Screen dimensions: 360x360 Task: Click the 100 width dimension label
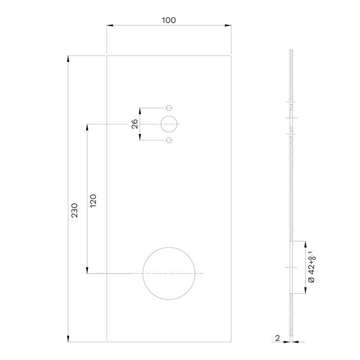169,20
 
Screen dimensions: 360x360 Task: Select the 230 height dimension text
74,210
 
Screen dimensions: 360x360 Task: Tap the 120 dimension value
93,201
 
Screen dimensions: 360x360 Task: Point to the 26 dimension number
135,124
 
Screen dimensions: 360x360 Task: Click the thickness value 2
278,338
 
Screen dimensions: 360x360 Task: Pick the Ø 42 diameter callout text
312,267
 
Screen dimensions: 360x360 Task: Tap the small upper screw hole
169,108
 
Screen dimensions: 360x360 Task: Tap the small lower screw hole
169,140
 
